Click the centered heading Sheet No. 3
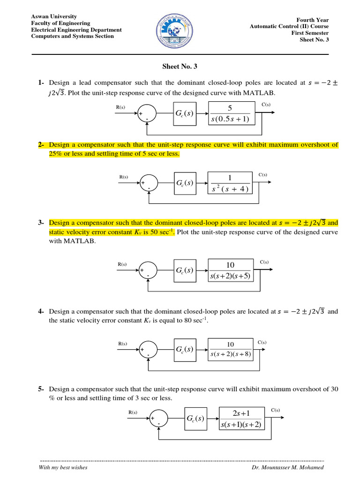click(x=180, y=67)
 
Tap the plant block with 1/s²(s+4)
click(x=230, y=183)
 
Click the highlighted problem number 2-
click(x=41, y=145)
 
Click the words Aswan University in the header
click(x=54, y=16)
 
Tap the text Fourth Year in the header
click(x=313, y=20)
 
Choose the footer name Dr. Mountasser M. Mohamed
click(x=287, y=467)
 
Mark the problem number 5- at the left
click(x=41, y=389)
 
